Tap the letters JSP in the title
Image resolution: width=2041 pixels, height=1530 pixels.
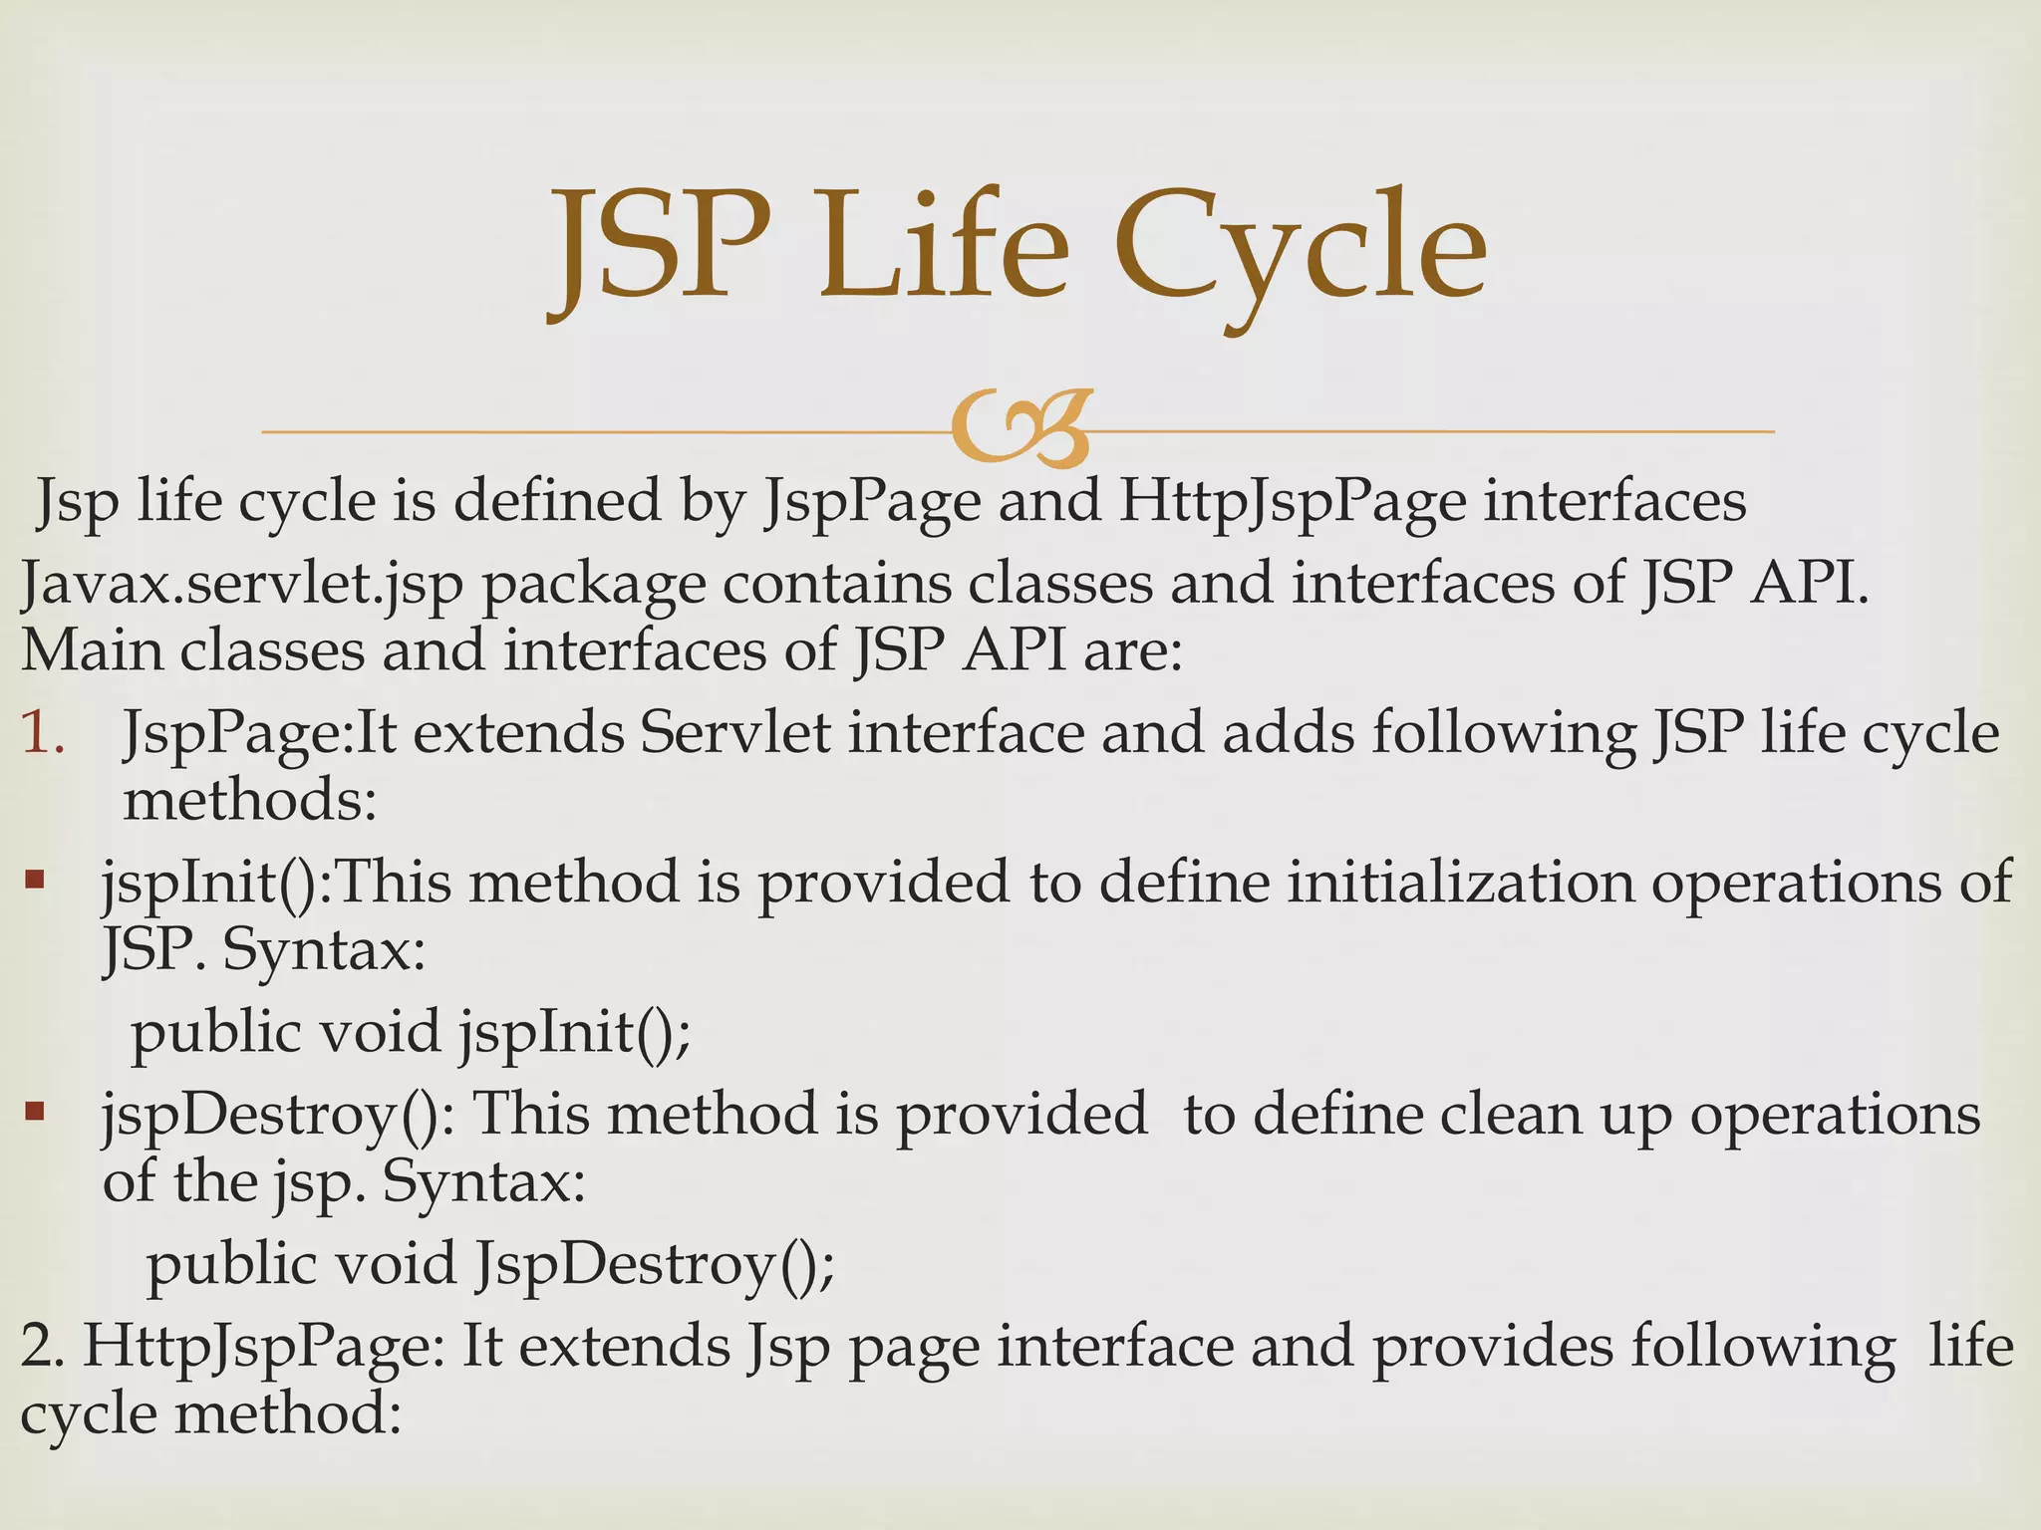[662, 249]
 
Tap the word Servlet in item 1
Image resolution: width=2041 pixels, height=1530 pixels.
[735, 734]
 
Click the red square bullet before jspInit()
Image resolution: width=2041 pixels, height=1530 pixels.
[35, 881]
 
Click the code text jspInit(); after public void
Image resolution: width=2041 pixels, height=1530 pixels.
[575, 1032]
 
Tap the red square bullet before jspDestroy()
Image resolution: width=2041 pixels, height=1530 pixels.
[35, 1111]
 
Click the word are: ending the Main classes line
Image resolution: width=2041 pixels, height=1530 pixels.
[1132, 651]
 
